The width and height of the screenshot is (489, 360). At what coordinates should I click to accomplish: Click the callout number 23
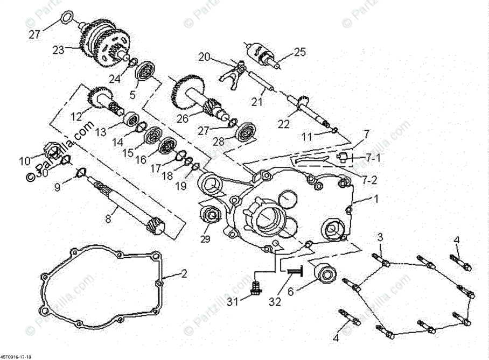58,50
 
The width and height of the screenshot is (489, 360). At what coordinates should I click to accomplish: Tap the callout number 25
300,52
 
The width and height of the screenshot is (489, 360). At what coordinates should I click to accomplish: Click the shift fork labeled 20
231,73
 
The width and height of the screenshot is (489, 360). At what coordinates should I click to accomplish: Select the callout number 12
75,115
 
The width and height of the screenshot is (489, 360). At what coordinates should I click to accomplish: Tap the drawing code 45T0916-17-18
17,356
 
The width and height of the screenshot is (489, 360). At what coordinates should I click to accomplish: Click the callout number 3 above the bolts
380,237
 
